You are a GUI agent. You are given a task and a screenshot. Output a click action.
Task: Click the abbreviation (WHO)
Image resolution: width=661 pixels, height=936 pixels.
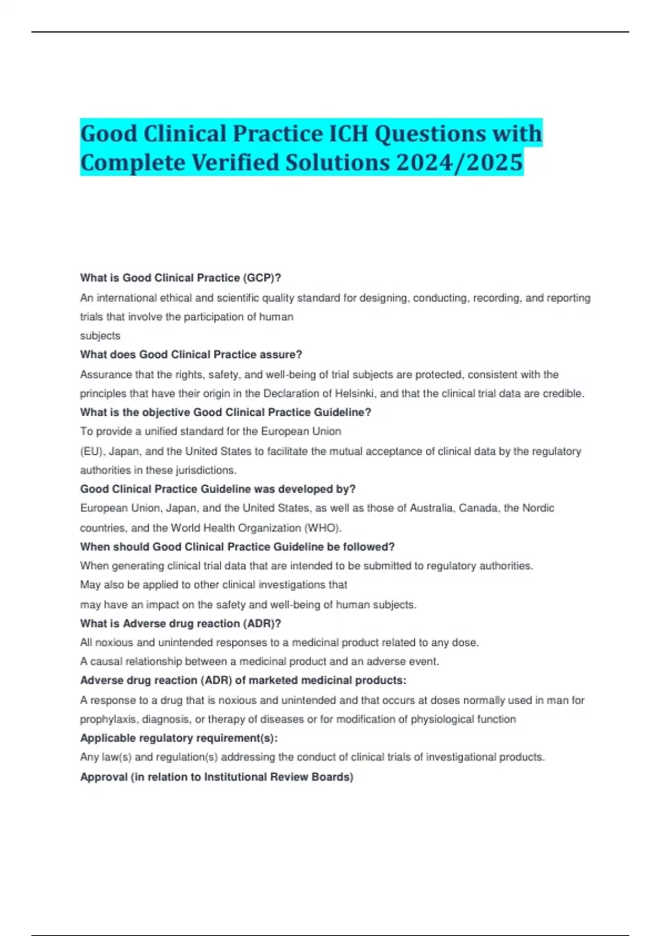pyautogui.click(x=323, y=528)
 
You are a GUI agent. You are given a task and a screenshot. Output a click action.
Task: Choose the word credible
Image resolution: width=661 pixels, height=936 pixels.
pyautogui.click(x=565, y=394)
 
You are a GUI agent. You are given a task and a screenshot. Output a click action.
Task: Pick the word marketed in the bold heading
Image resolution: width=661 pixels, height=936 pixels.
pyautogui.click(x=269, y=681)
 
